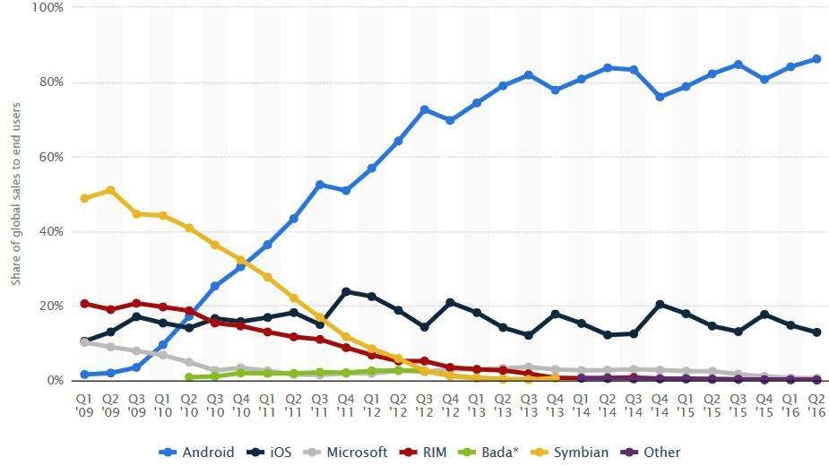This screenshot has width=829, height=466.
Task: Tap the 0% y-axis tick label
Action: (x=54, y=381)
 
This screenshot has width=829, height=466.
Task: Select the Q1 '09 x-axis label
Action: (x=84, y=402)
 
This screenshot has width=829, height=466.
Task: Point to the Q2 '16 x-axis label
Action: (x=816, y=402)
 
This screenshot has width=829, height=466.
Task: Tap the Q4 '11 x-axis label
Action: (x=346, y=402)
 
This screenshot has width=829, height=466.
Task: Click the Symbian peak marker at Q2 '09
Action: (x=110, y=190)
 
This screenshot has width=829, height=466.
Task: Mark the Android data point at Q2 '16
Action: (x=816, y=59)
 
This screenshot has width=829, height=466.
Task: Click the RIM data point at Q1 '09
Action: (x=84, y=304)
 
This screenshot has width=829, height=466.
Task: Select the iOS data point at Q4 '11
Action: (x=346, y=291)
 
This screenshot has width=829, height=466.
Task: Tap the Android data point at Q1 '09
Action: (x=84, y=375)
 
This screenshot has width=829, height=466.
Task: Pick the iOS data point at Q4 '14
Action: (x=660, y=305)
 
